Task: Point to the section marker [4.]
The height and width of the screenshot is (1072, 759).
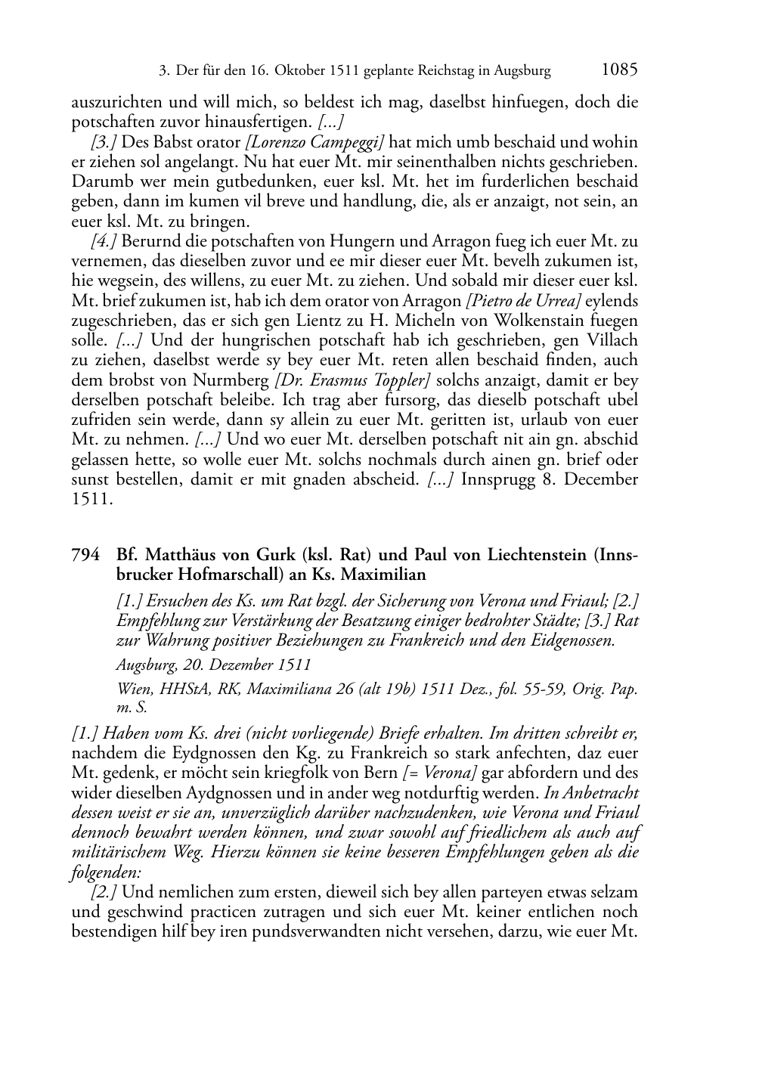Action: coord(104,242)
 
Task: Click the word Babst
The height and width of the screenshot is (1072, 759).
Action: coord(165,142)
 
